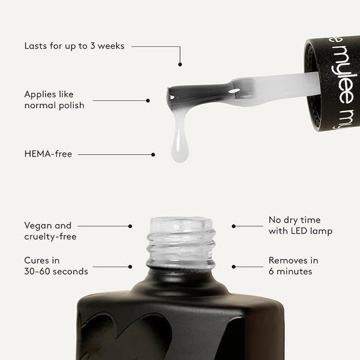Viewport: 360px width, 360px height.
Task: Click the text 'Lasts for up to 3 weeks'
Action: click(x=74, y=46)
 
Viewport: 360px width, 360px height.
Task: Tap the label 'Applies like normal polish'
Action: click(x=55, y=100)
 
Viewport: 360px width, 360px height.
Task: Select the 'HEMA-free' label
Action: click(x=48, y=154)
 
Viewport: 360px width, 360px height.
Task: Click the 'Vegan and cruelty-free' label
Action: click(x=50, y=231)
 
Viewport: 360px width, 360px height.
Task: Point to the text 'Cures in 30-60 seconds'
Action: click(x=56, y=266)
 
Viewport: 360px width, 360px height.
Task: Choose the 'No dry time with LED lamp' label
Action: click(x=301, y=226)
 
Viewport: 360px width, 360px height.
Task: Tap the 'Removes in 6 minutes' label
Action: click(x=293, y=266)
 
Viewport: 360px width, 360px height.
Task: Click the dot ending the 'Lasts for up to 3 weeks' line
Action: click(x=180, y=65)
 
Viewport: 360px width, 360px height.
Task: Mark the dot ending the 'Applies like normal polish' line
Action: click(x=148, y=101)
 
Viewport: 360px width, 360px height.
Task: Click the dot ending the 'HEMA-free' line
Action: click(x=153, y=155)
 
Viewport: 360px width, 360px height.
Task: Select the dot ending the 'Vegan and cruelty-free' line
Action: click(x=130, y=226)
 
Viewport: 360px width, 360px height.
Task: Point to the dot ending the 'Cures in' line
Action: click(x=130, y=267)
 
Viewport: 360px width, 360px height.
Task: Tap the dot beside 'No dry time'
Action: click(x=234, y=226)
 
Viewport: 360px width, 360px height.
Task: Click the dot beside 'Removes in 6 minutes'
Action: click(x=234, y=267)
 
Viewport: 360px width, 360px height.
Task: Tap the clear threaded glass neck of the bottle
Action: click(x=181, y=244)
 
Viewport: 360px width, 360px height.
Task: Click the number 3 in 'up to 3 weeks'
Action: click(x=92, y=46)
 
